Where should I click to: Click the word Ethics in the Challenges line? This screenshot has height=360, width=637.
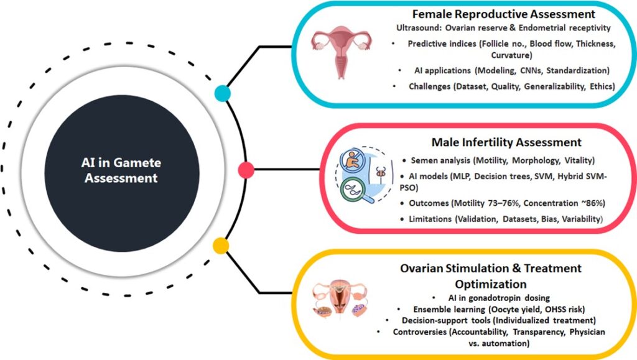tap(601, 86)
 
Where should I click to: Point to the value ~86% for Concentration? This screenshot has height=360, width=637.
tap(575, 203)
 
